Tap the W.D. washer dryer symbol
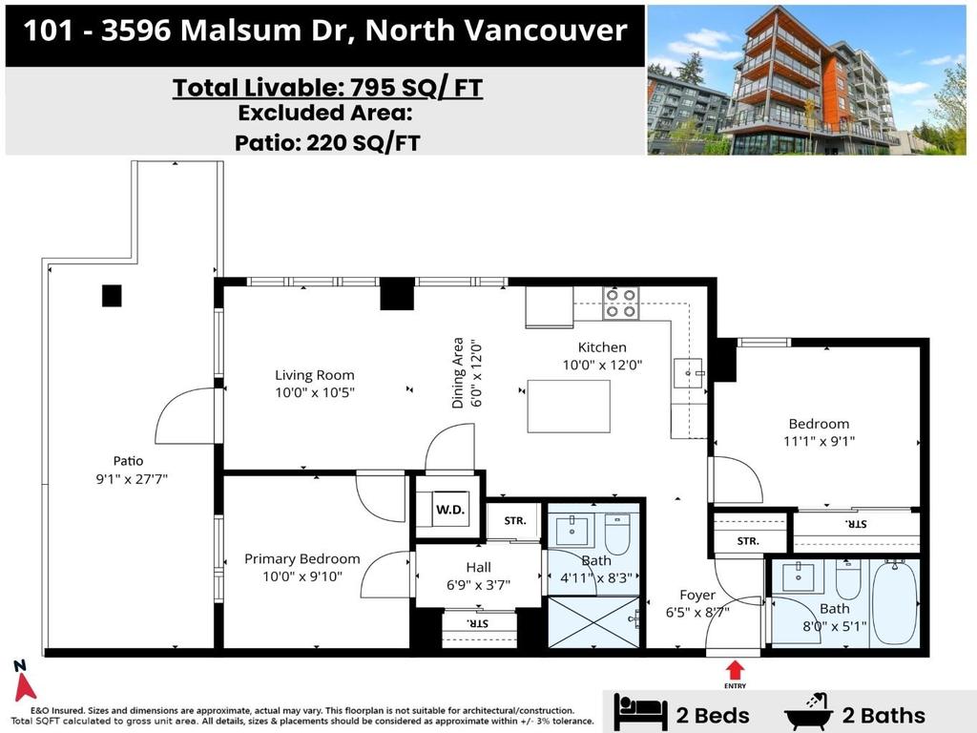[450, 509]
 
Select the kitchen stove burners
[620, 303]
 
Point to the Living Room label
[315, 375]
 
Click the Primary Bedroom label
[302, 558]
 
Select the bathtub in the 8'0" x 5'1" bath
[895, 602]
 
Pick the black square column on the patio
[112, 296]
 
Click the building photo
[806, 79]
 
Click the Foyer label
[697, 596]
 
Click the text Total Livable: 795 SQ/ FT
[327, 88]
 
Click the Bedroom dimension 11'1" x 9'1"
[818, 441]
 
